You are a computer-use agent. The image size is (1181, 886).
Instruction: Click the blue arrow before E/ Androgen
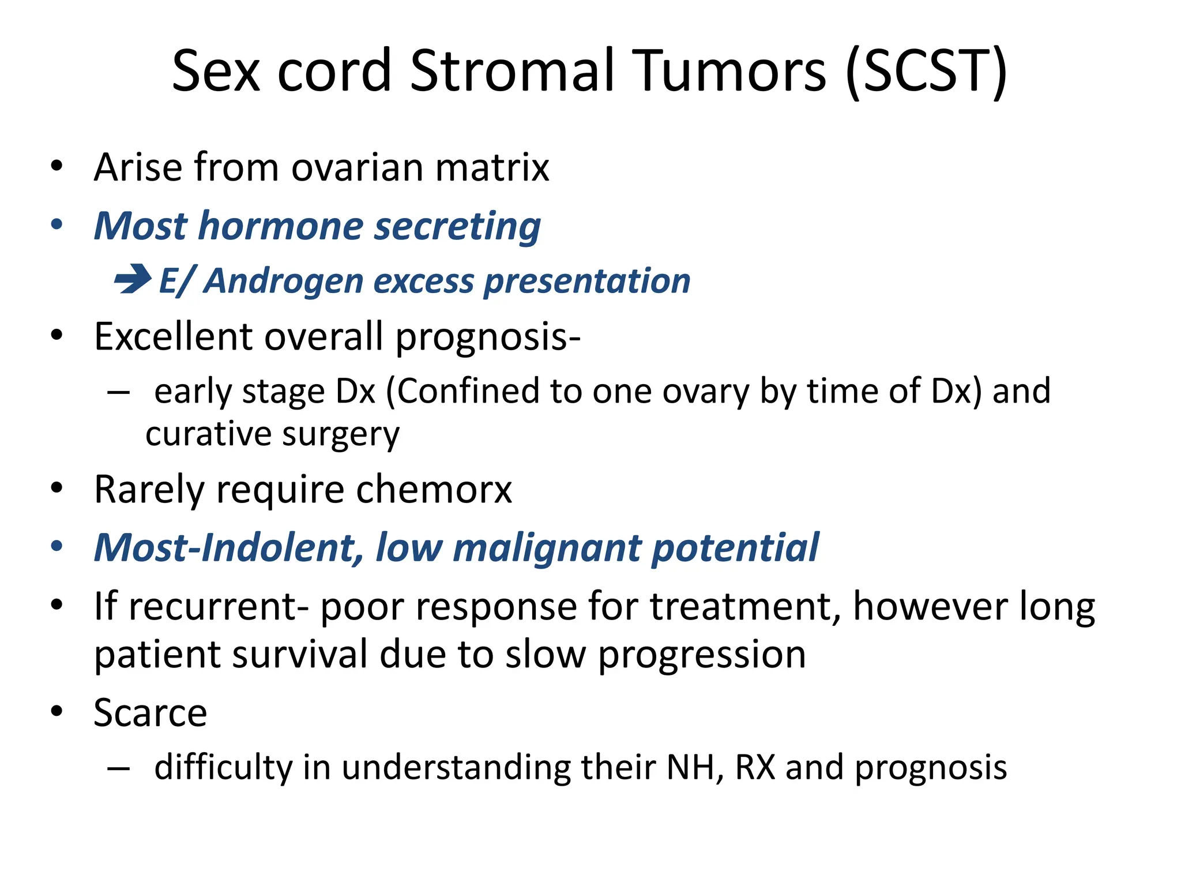pyautogui.click(x=133, y=279)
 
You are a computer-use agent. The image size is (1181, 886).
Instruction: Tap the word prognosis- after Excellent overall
pyautogui.click(x=488, y=337)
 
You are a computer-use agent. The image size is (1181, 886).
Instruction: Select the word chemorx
pyautogui.click(x=434, y=490)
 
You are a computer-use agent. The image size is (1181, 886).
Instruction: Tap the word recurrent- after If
pyautogui.click(x=219, y=607)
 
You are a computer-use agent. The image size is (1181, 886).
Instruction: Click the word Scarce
pyautogui.click(x=150, y=713)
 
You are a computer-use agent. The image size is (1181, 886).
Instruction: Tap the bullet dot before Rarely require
pyautogui.click(x=56, y=489)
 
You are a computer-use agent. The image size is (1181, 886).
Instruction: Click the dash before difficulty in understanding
pyautogui.click(x=118, y=768)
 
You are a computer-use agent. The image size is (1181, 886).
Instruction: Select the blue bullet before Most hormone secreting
pyautogui.click(x=56, y=225)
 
